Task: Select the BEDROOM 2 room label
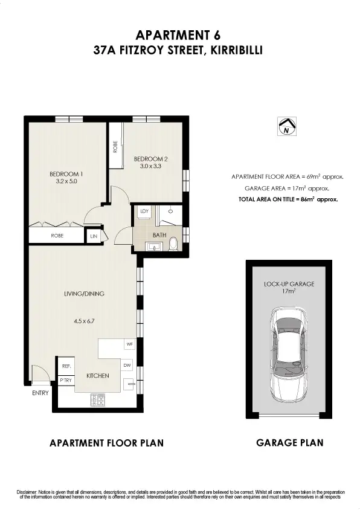150,159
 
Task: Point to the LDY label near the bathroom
144,211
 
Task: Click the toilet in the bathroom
174,244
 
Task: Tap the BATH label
159,234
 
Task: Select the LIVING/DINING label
84,294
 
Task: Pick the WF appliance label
129,344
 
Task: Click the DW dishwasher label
127,365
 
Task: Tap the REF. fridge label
66,366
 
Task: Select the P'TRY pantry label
65,379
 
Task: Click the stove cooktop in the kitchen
97,399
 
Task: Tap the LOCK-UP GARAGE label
289,283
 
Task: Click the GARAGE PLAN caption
289,443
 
